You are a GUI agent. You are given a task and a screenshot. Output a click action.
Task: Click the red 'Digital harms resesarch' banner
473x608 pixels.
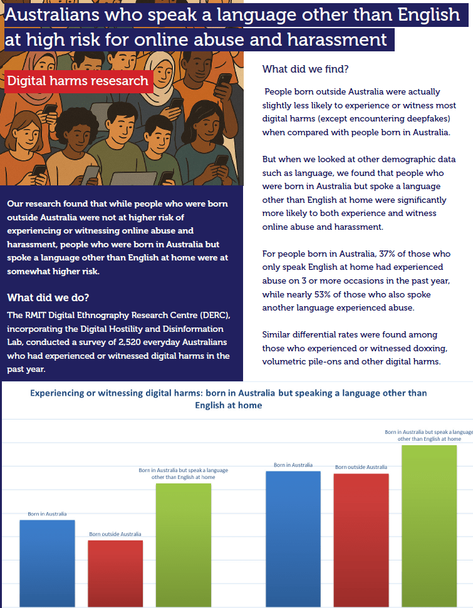click(78, 81)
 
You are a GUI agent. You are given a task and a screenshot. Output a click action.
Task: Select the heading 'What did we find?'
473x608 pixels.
click(305, 69)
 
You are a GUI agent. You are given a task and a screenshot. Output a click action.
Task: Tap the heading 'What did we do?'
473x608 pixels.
click(47, 297)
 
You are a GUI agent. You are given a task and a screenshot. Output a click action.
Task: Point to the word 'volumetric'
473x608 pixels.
click(286, 361)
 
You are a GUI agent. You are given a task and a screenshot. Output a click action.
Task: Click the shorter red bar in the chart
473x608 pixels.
click(115, 573)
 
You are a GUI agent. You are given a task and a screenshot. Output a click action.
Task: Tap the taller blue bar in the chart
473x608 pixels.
click(293, 538)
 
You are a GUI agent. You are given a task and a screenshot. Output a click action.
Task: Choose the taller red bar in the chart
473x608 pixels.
click(361, 539)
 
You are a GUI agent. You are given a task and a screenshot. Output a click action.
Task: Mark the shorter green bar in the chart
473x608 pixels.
click(183, 544)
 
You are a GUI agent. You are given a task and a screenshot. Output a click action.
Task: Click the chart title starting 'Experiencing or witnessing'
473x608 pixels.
click(229, 399)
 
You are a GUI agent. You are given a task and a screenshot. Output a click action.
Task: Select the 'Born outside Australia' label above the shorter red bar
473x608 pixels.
click(115, 534)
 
